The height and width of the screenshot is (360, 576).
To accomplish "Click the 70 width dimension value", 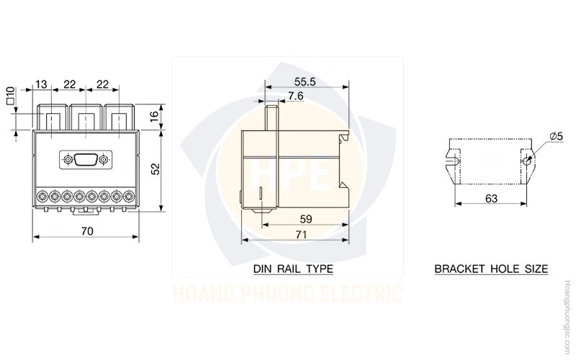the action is point(87,231).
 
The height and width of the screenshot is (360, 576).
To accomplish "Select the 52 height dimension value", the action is point(156,168).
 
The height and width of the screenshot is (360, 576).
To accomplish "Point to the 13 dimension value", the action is point(42,84).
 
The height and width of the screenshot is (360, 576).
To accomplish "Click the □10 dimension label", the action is point(10,96).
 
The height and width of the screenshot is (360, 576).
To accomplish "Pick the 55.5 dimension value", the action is point(305,81).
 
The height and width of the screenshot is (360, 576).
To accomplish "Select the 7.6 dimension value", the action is point(296,96).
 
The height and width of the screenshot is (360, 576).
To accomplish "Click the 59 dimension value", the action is point(305,219).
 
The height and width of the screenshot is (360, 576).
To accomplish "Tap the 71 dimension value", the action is point(301,235).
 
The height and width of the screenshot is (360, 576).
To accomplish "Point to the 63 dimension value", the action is point(491,199).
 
